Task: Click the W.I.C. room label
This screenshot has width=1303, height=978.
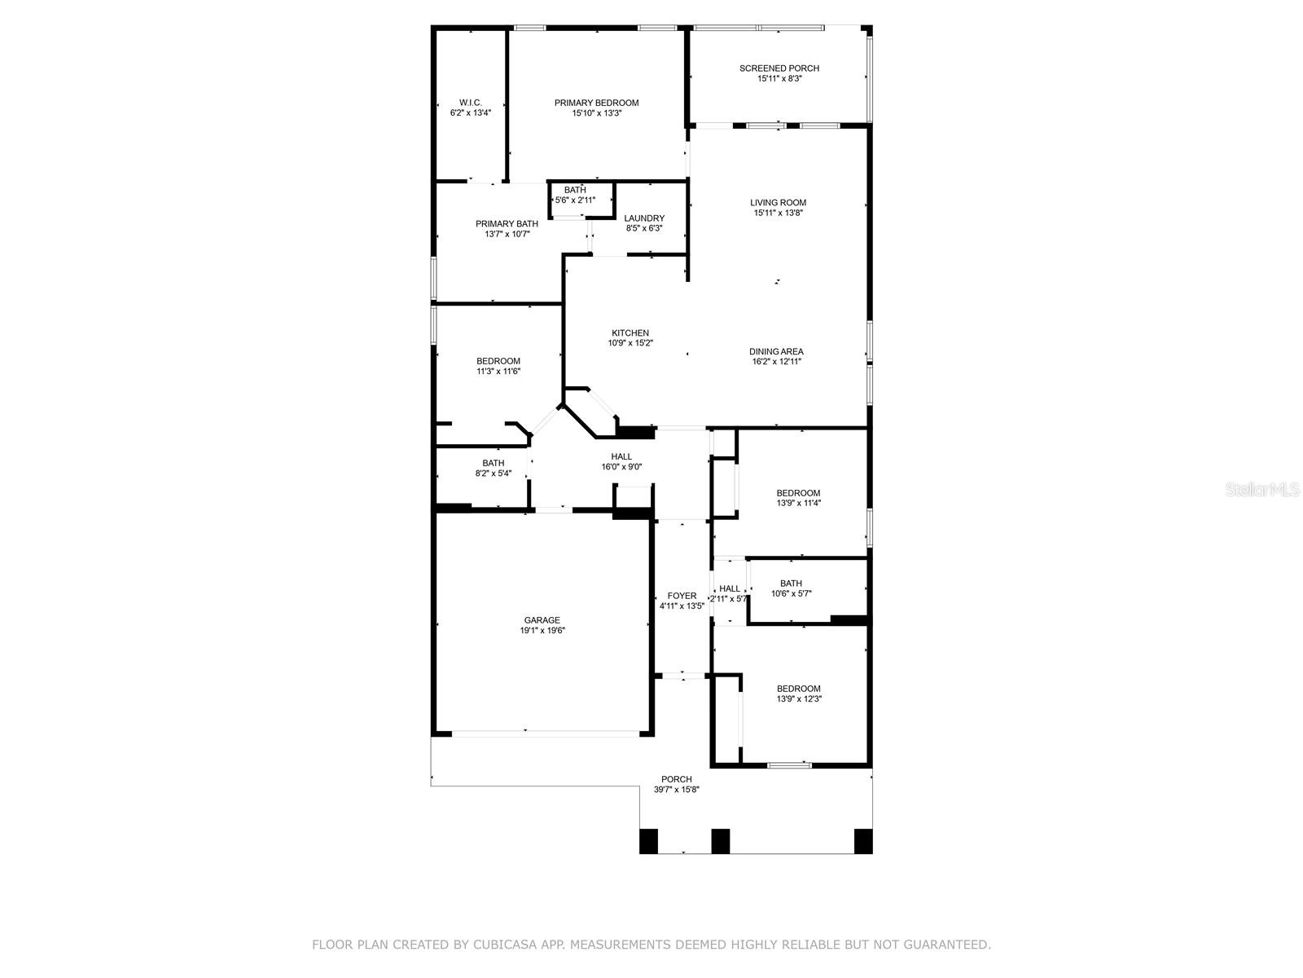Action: coord(470,103)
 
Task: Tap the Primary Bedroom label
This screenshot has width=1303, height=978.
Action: coord(596,103)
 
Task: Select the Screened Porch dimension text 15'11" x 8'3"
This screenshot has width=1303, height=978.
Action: coord(779,78)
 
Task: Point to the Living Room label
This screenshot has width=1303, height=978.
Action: coord(778,202)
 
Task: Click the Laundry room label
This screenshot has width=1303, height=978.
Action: coord(644,218)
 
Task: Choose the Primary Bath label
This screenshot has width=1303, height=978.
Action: coord(507,223)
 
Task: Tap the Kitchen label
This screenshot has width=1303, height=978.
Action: coord(630,333)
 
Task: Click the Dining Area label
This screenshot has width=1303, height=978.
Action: coord(776,351)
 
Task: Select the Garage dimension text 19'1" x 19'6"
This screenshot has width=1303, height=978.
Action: coord(542,630)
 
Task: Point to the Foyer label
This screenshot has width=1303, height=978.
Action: coord(682,596)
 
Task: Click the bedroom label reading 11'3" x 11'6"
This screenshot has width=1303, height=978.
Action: coord(498,366)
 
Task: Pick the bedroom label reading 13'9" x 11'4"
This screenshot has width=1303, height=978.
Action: coord(798,498)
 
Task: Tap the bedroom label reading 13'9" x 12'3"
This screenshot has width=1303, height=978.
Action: coord(798,694)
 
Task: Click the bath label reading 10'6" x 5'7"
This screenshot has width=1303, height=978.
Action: coord(791,588)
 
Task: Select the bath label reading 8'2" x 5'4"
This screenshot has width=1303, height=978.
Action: coord(493,468)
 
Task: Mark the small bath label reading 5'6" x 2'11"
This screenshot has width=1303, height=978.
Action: coord(575,195)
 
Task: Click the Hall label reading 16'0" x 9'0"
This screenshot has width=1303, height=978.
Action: coord(621,461)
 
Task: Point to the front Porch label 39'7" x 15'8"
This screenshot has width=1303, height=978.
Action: coord(676,784)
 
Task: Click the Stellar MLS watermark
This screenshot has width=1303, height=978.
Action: coord(1262,489)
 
